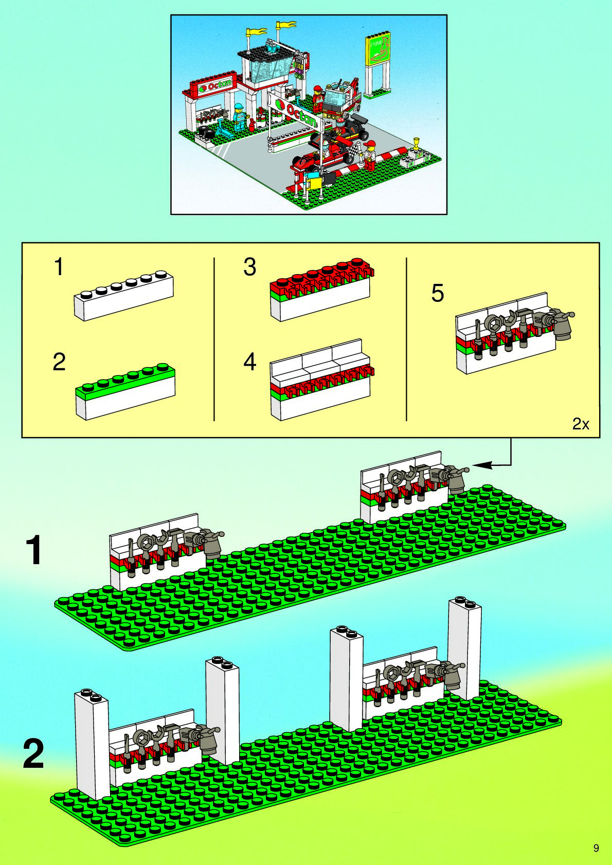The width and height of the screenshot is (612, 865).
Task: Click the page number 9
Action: tap(596, 848)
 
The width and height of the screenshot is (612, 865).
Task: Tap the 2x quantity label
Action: tap(581, 424)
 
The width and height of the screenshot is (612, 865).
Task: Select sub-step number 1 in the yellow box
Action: tap(59, 267)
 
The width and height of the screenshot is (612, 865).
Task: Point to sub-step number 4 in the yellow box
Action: tap(249, 362)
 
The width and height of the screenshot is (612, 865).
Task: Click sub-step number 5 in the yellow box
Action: tap(437, 293)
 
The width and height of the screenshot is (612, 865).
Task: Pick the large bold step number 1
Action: tap(34, 550)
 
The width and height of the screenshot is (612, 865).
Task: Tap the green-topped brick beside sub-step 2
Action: tap(125, 391)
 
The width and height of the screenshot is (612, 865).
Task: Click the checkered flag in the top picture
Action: tap(354, 151)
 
